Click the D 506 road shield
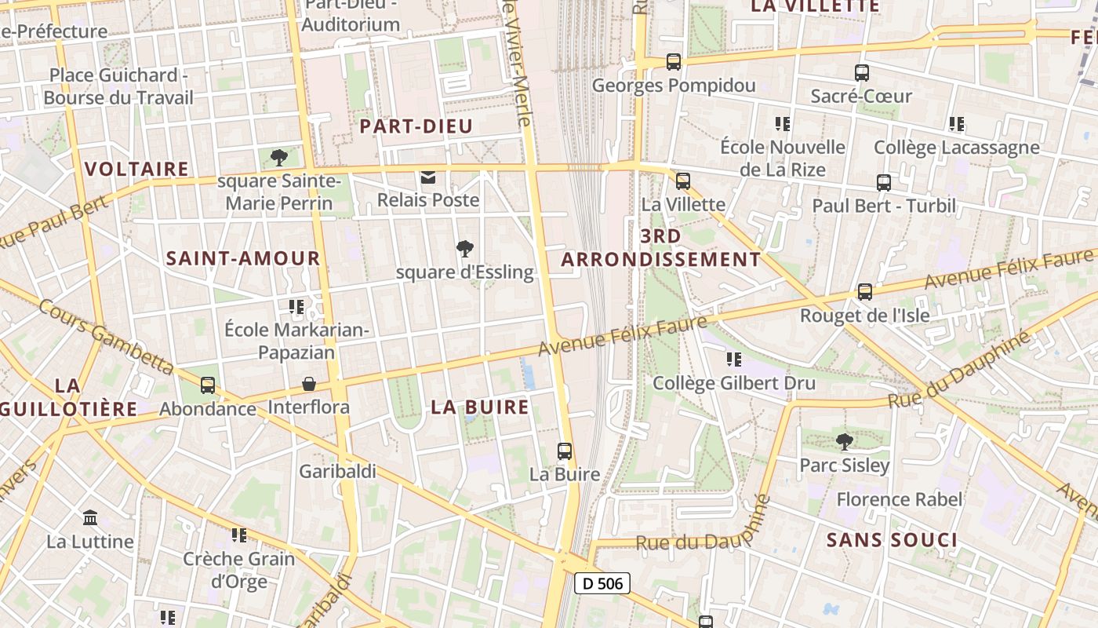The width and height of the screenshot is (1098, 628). tap(602, 582)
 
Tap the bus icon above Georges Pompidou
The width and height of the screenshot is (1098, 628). tap(673, 61)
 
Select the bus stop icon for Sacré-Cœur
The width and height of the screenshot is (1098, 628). tap(862, 73)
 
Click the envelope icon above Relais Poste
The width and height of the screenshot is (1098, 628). tap(428, 177)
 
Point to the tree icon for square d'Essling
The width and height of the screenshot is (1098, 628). tap(465, 249)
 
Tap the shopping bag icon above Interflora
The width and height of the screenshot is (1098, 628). tap(309, 385)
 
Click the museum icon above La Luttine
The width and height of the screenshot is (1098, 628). tap(90, 518)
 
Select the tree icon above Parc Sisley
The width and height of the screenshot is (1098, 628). tap(844, 442)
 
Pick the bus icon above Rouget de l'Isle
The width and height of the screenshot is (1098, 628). tap(864, 291)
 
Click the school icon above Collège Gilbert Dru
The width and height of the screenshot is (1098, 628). tap(733, 360)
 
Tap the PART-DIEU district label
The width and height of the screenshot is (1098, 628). tap(416, 126)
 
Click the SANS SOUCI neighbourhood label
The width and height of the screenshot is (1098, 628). tap(892, 540)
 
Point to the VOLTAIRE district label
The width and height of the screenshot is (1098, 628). tap(136, 169)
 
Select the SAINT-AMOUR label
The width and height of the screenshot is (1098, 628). tap(243, 258)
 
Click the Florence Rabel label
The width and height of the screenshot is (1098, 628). tap(899, 499)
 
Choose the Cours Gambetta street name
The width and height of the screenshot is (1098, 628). tap(106, 335)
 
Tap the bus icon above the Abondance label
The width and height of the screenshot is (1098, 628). tap(208, 385)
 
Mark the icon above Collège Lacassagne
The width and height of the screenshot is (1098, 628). tap(956, 124)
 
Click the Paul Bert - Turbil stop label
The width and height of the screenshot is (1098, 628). tap(884, 206)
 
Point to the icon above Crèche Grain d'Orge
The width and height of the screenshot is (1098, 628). tap(239, 535)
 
